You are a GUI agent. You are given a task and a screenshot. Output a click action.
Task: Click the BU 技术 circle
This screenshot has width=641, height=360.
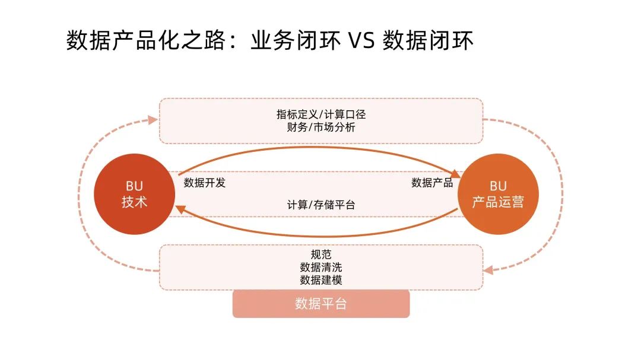pos(134,194)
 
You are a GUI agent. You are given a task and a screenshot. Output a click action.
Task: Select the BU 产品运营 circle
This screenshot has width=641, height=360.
pos(497,194)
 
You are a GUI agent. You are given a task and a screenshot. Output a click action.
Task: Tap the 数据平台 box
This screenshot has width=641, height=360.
pos(320,304)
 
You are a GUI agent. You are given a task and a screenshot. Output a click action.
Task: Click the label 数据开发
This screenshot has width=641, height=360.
pos(205,183)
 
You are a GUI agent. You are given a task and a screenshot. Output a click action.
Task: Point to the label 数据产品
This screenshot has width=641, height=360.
pos(432,183)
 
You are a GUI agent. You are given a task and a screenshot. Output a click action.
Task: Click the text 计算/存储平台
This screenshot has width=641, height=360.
pos(320,205)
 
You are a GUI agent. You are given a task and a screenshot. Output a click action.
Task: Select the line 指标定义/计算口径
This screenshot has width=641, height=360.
pos(320,114)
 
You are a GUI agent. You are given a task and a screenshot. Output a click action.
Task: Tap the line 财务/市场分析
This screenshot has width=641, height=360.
pos(320,127)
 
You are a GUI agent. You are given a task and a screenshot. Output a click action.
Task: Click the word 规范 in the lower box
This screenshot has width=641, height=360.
pos(320,255)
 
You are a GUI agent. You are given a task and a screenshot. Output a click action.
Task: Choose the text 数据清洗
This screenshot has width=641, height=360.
pos(320,267)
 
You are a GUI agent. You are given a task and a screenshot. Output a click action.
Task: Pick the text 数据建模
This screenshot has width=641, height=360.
pos(320,280)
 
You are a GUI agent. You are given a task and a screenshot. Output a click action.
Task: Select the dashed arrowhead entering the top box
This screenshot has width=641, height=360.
pos(153,120)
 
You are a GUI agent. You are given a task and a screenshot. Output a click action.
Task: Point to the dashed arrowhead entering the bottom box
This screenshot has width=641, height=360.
pos(488,270)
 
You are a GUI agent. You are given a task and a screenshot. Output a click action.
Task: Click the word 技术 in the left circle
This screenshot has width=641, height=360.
pos(134,202)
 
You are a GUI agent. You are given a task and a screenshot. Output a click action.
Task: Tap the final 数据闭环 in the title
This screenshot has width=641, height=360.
pos(428,42)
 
